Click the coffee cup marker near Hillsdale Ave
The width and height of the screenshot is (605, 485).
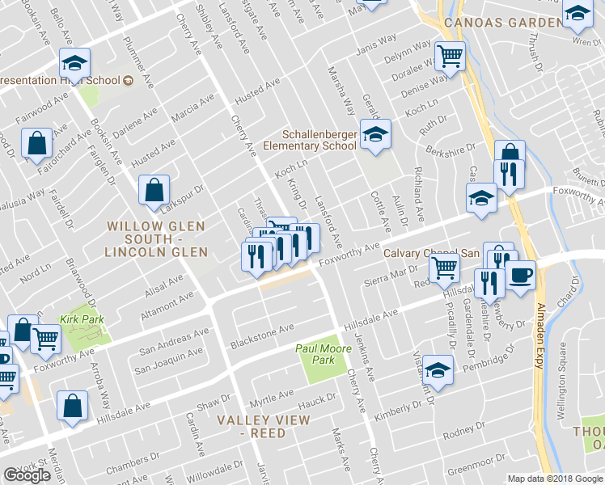tap(520, 274)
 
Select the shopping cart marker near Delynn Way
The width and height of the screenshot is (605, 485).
tap(451, 56)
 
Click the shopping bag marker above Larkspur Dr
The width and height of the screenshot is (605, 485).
tap(154, 190)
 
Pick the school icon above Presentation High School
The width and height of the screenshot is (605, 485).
tap(74, 62)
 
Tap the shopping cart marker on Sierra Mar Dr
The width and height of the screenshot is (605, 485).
tap(444, 268)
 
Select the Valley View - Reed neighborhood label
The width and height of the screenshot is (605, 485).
tap(263, 426)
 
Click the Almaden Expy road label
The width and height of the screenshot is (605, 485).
tap(539, 336)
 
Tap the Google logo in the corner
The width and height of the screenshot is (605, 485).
tap(27, 475)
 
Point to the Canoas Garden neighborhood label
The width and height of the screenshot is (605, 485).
tap(501, 22)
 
